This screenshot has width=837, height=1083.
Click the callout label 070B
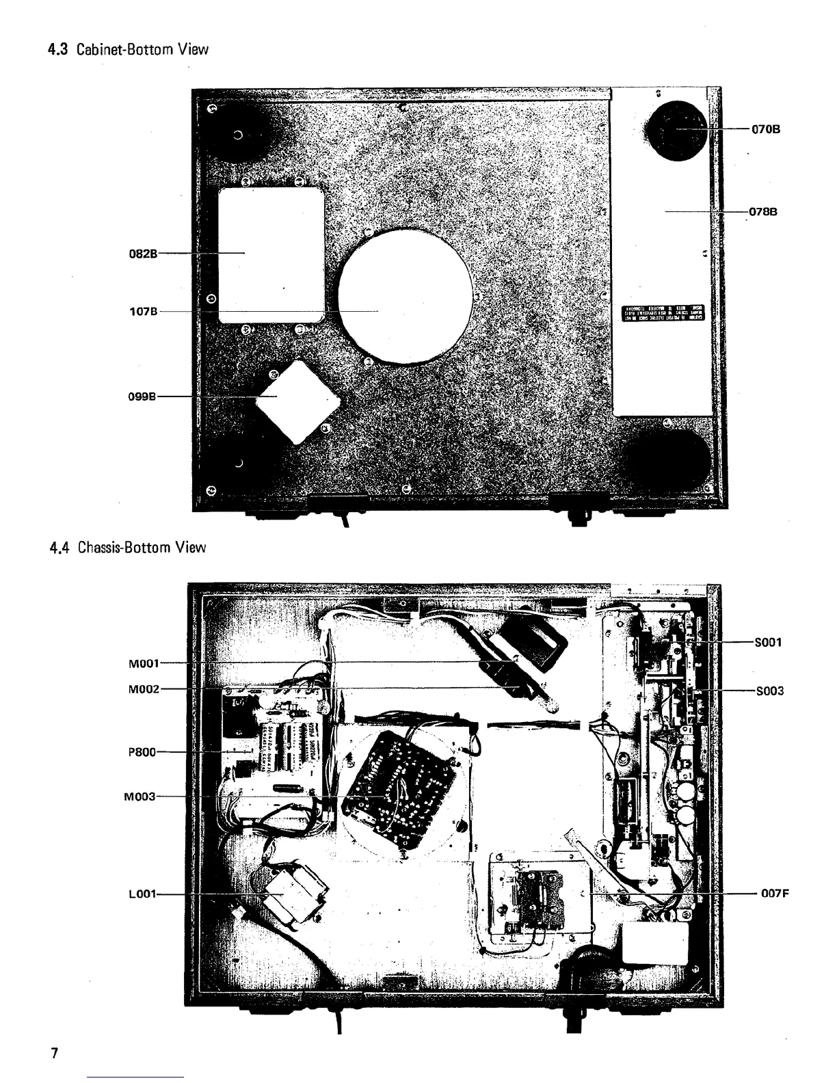[766, 129]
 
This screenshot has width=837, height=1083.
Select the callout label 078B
[763, 212]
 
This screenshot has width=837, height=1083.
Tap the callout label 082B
[144, 253]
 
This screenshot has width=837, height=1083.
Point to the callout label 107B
[144, 311]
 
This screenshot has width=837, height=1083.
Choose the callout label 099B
[144, 397]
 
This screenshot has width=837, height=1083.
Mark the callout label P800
[142, 752]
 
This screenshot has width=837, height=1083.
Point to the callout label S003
[769, 691]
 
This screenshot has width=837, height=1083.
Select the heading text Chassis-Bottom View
[141, 547]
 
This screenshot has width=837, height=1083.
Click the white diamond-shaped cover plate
[297, 400]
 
